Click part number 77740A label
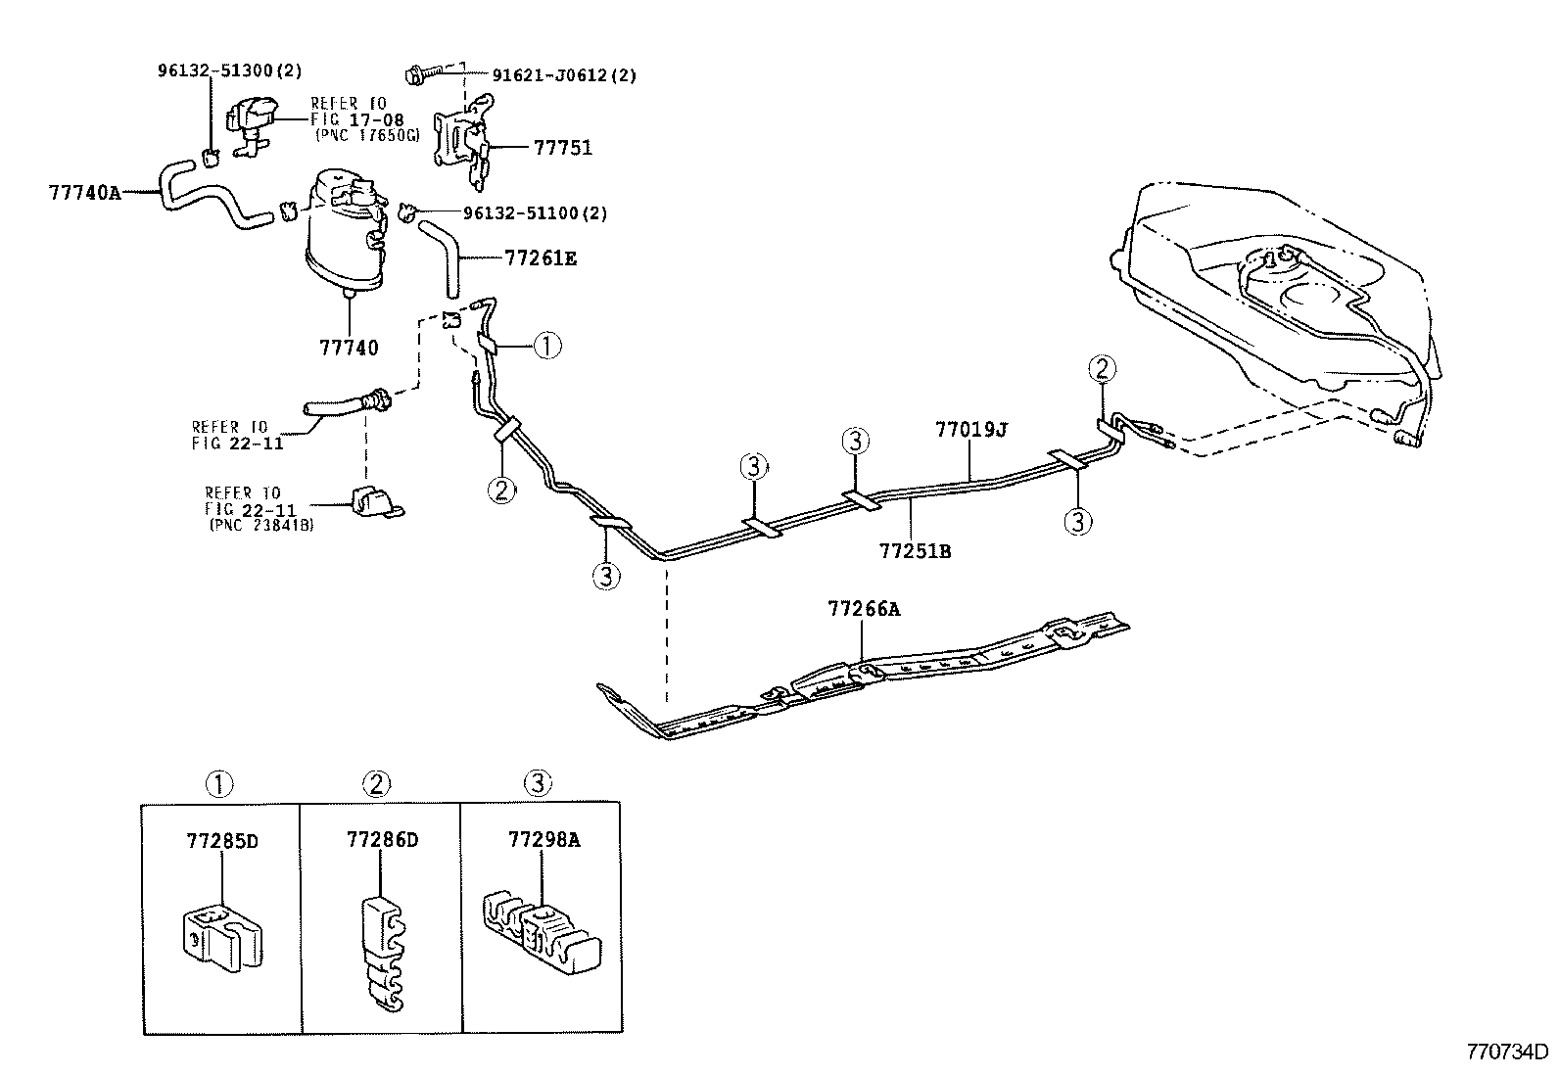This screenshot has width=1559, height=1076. coord(84,193)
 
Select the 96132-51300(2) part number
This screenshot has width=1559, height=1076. coord(230,70)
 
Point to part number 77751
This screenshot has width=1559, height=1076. coord(563,149)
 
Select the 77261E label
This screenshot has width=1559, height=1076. coord(541,258)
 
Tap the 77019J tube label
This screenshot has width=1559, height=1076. coord(970,430)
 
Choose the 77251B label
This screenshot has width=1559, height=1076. coord(915,551)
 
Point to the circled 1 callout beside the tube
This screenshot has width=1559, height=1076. coord(546,345)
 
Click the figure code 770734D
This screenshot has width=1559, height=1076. coord(1506,1053)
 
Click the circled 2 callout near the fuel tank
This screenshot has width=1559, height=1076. coord(1102,369)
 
